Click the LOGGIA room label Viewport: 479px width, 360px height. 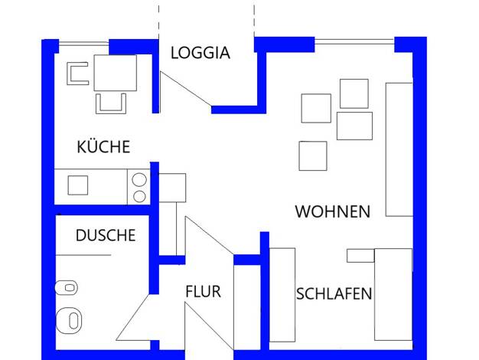200,53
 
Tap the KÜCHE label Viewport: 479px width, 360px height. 103,147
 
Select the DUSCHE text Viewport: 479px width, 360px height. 106,235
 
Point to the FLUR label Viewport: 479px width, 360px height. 203,291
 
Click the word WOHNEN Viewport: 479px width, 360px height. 333,211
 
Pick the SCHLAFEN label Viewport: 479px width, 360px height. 334,293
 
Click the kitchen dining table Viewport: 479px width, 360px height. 116,73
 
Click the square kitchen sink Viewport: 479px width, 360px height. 78,185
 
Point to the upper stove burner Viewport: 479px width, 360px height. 139,180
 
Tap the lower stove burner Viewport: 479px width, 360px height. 139,197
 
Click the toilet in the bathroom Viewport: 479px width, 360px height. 70,320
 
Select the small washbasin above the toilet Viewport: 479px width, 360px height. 67,288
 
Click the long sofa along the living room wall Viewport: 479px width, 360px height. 399,149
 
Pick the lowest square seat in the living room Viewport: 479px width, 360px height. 313,156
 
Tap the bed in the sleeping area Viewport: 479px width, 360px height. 393,295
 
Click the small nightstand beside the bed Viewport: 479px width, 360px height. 360,256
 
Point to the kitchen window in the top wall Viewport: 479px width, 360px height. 83,44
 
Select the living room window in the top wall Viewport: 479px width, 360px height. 354,42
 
